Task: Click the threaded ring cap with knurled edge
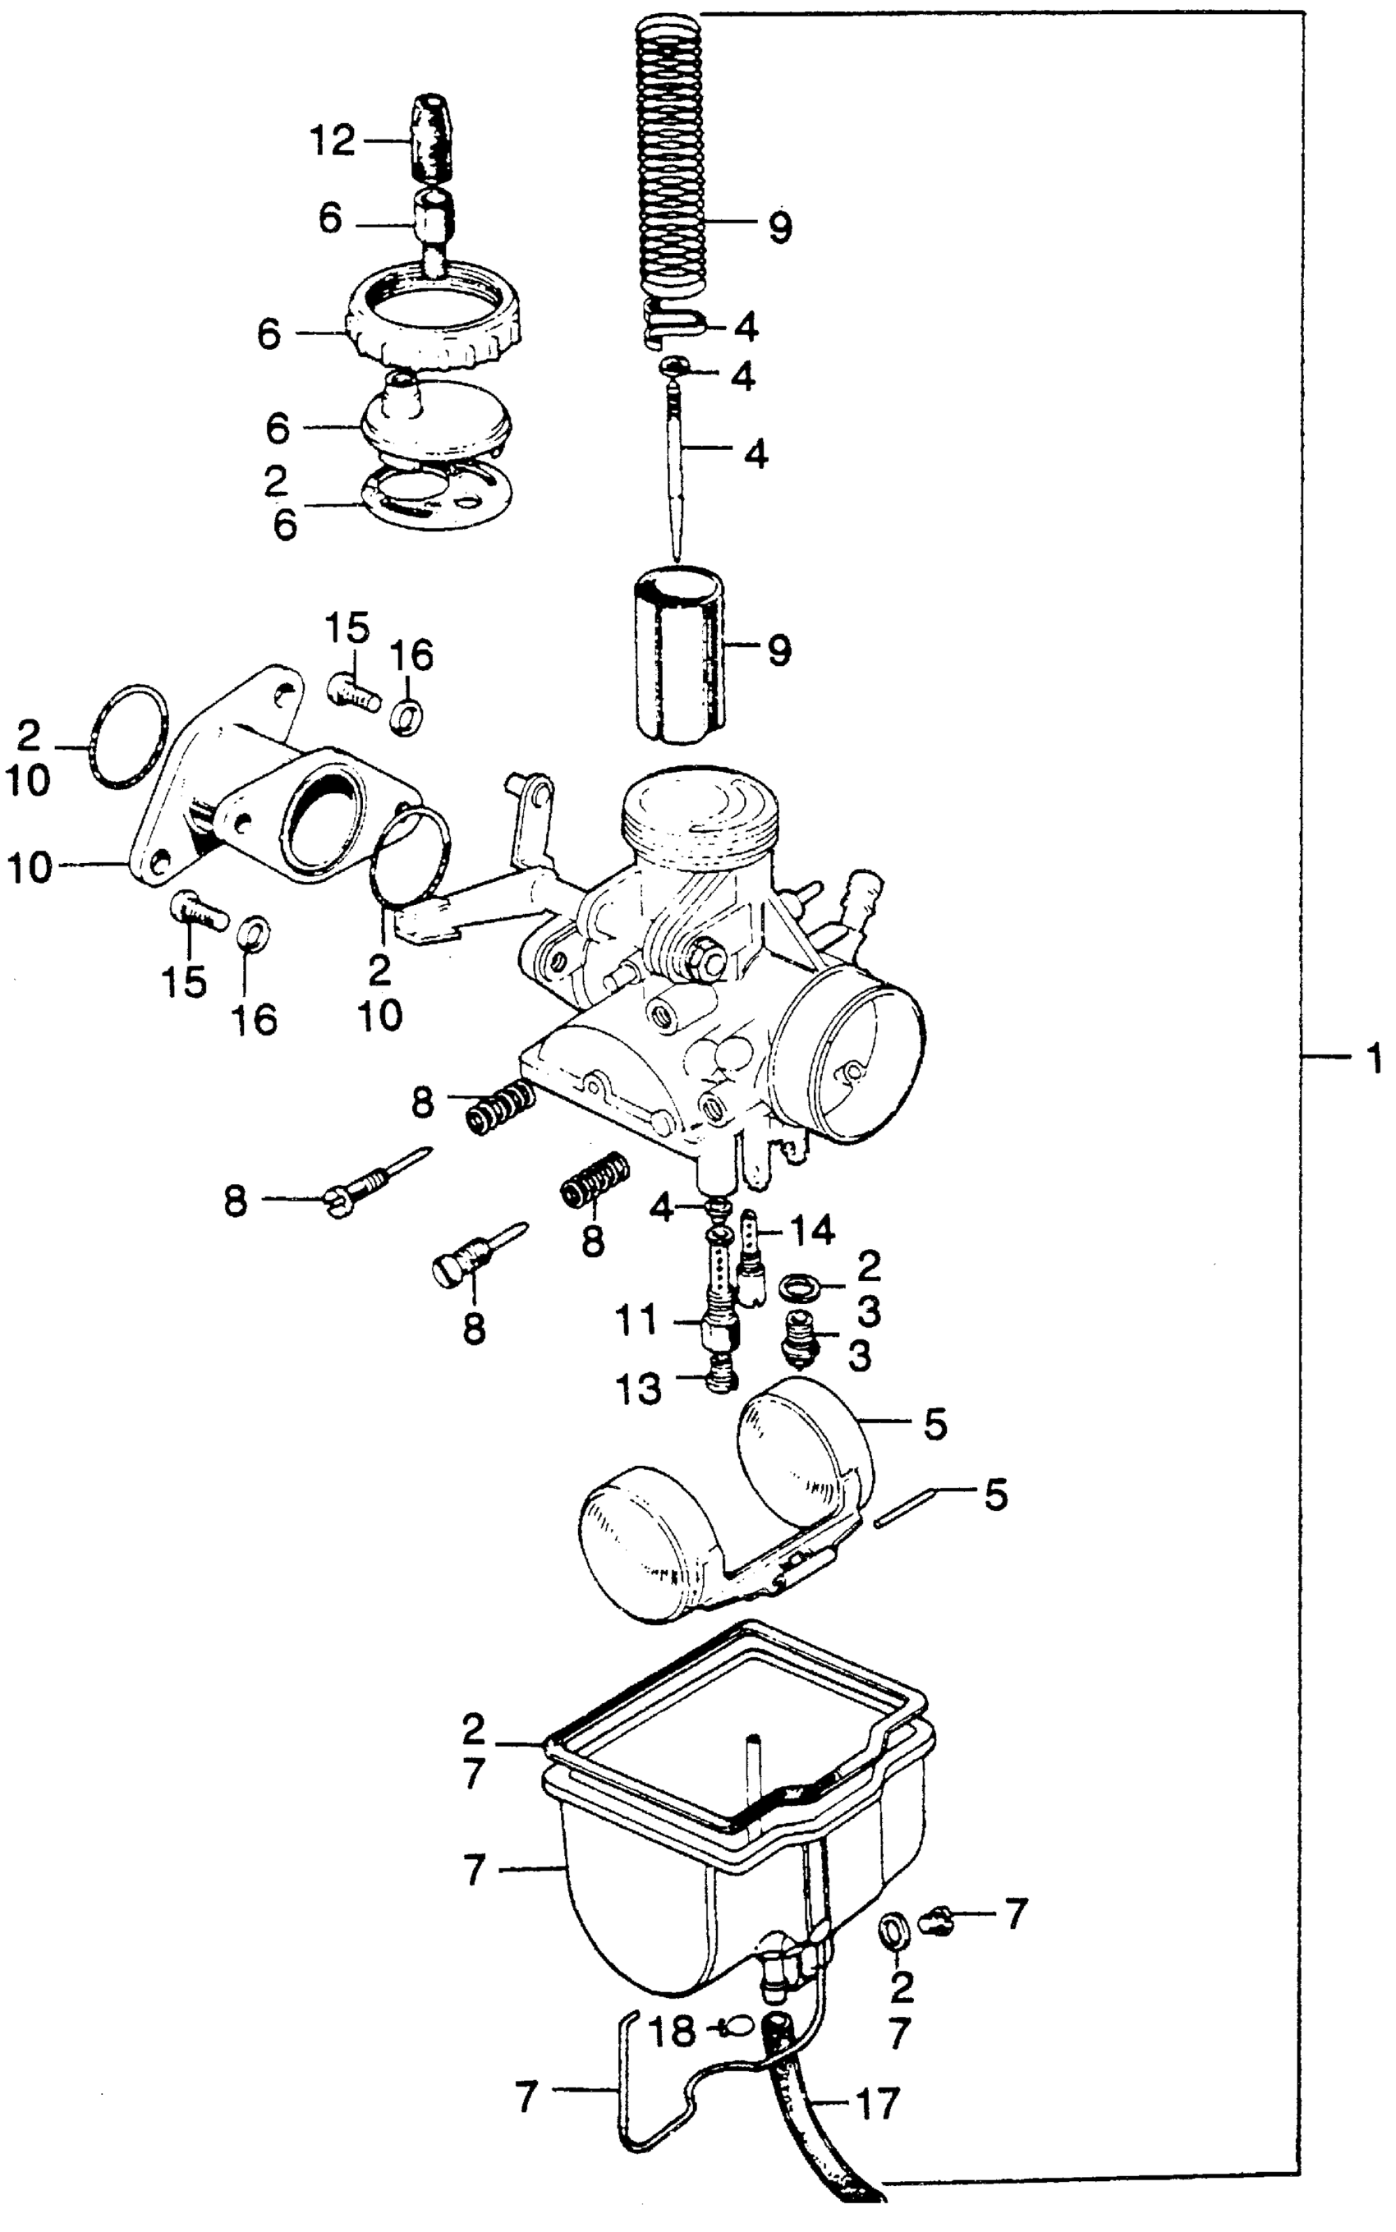(x=432, y=314)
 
